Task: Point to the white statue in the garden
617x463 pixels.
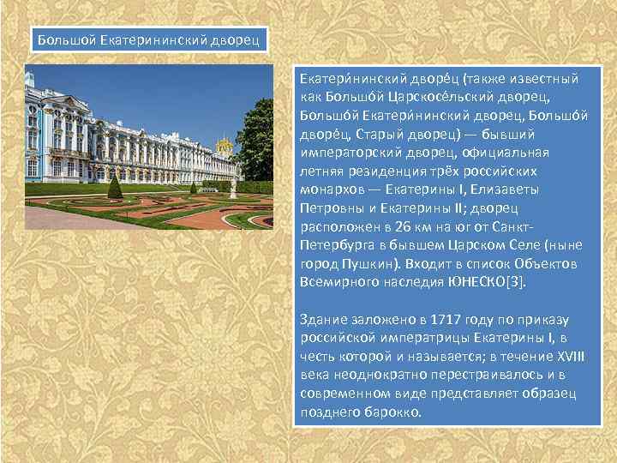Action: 232,184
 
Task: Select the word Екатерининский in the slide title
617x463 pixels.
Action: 152,39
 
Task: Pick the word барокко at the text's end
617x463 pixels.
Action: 394,412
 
